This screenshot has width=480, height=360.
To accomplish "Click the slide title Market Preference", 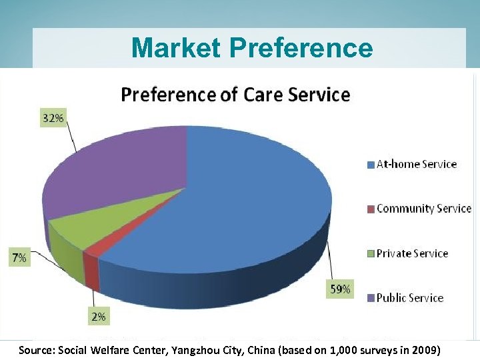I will [251, 48].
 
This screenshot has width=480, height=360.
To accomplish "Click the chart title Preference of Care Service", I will [235, 95].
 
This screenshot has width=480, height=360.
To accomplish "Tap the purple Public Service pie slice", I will [113, 173].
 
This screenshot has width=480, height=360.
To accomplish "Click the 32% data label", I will [54, 118].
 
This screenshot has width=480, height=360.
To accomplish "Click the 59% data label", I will [339, 289].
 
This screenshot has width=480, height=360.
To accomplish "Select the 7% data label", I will [19, 258].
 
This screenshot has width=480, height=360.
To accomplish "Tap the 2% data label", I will [98, 317].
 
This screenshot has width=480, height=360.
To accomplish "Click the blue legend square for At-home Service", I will [371, 165].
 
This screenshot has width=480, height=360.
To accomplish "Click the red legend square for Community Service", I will [371, 209].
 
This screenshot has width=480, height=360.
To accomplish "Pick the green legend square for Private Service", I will [371, 254].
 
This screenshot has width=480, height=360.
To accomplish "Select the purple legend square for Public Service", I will [371, 299].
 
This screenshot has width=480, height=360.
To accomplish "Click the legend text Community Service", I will [424, 209].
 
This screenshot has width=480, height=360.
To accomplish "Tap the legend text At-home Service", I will [417, 164].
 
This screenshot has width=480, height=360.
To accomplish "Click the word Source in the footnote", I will [37, 350].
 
